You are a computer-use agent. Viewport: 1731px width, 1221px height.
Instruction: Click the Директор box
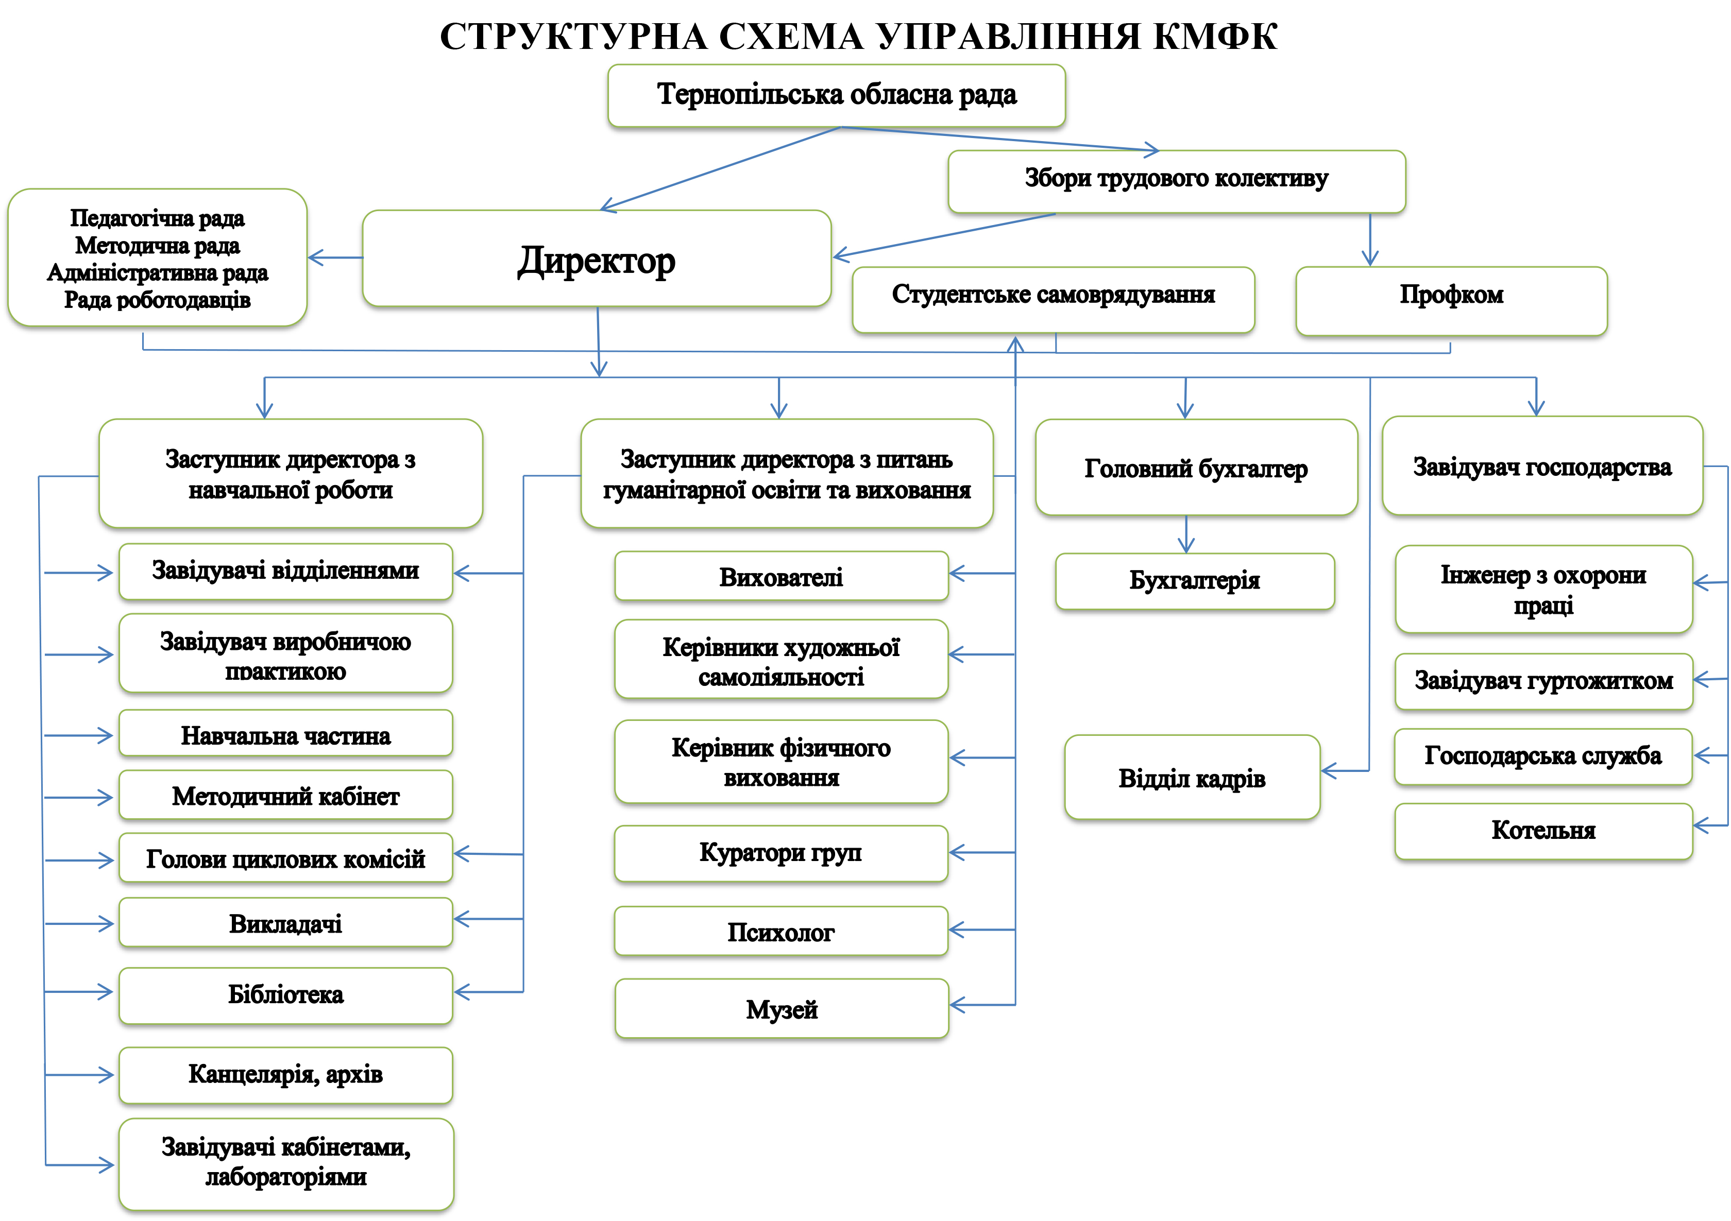[597, 259]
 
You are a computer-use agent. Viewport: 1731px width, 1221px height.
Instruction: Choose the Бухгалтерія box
[1194, 581]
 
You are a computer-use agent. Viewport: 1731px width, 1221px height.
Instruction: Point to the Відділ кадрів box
[1192, 777]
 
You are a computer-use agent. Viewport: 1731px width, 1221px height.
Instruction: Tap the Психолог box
[780, 932]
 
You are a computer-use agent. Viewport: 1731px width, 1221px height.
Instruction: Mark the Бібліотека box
[286, 995]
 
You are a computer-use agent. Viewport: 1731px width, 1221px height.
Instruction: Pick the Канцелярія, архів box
[286, 1075]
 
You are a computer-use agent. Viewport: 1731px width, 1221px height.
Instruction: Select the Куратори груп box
[780, 853]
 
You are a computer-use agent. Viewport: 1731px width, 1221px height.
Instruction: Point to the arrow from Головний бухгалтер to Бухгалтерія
[1186, 535]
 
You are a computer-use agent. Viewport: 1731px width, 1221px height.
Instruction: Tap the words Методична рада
[158, 246]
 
